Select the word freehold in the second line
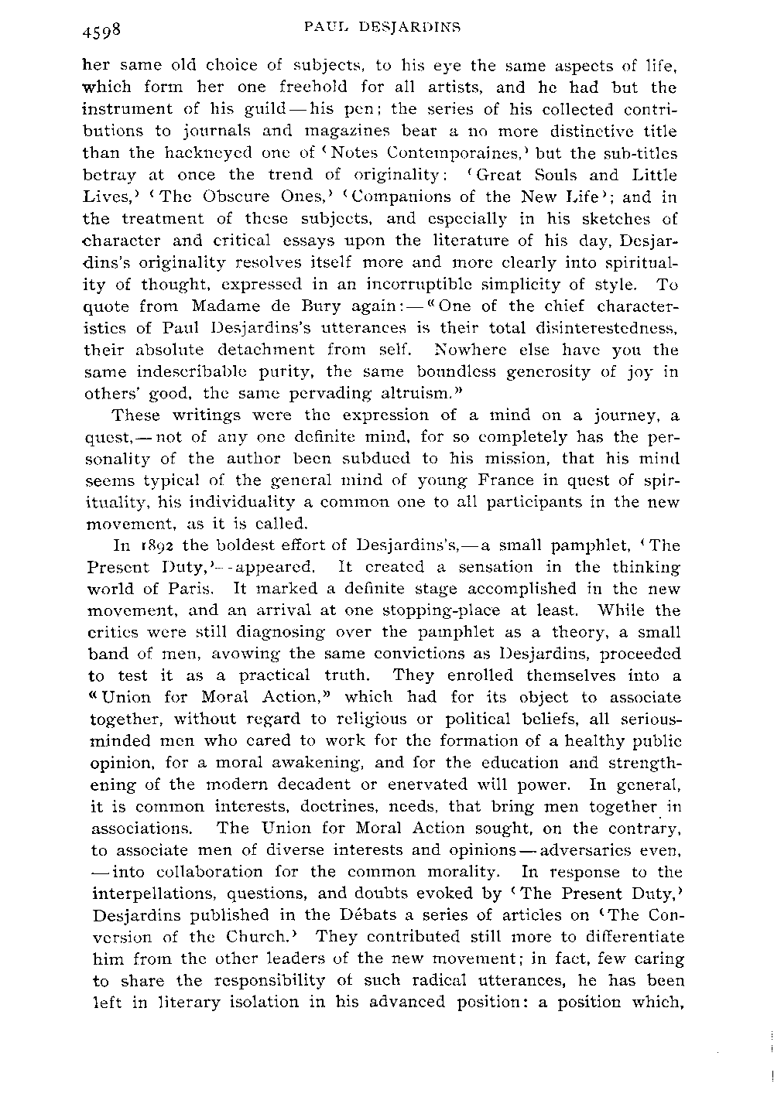tap(335, 88)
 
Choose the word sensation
tap(472, 567)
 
